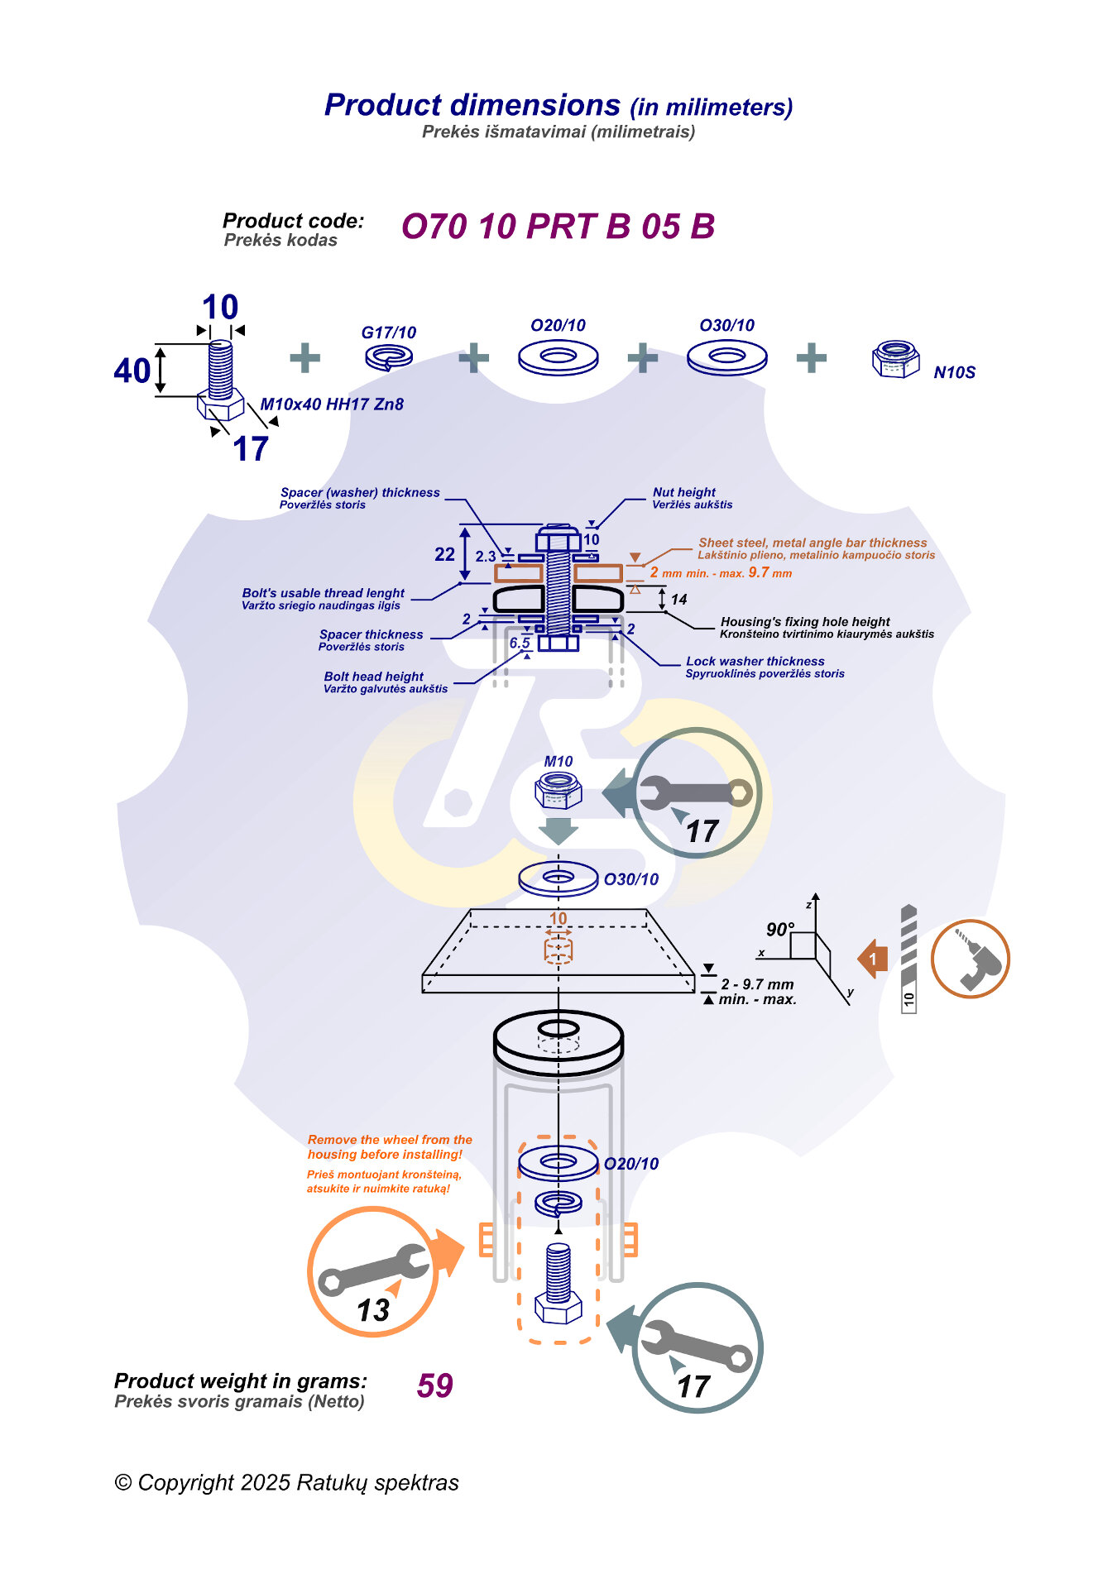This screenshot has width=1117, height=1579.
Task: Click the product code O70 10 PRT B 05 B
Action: click(x=558, y=227)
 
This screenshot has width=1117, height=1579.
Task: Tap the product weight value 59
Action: click(x=434, y=1385)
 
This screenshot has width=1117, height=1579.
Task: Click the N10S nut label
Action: click(x=954, y=372)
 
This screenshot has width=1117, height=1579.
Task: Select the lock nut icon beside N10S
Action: click(x=895, y=359)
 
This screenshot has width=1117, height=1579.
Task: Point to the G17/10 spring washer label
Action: click(x=388, y=333)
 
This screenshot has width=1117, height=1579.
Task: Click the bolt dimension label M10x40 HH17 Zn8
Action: click(x=332, y=404)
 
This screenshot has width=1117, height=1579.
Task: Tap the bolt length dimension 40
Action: click(x=132, y=371)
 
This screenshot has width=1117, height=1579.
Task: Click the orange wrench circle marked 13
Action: click(x=372, y=1272)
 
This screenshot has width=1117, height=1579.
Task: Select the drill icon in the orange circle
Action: click(x=970, y=959)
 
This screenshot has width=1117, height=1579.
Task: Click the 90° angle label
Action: click(x=779, y=930)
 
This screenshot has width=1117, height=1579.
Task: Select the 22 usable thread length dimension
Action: click(x=444, y=554)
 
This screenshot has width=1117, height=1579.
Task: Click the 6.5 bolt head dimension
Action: click(x=520, y=643)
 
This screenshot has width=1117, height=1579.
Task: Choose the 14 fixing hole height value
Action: click(x=678, y=600)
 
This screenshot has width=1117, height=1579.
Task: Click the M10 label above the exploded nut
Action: click(x=558, y=762)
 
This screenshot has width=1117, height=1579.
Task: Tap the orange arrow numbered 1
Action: click(x=873, y=959)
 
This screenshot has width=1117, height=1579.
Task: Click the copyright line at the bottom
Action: click(x=286, y=1483)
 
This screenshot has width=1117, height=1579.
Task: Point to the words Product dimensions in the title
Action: click(x=472, y=105)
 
